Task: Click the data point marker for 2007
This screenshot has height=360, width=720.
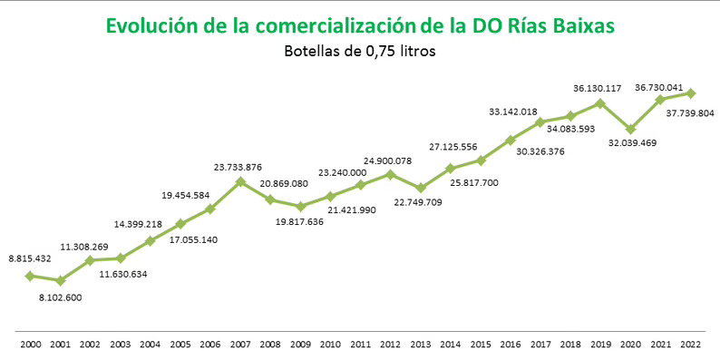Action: (x=240, y=181)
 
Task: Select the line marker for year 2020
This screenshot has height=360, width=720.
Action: (x=630, y=130)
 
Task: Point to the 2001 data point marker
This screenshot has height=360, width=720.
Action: (x=60, y=281)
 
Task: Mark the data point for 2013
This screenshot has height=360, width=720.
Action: (x=420, y=189)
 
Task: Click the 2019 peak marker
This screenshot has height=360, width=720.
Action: (x=600, y=103)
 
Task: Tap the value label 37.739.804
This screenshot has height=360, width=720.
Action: (x=690, y=113)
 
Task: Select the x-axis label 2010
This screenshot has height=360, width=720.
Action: (x=330, y=345)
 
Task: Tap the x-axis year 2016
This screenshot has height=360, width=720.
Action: (x=511, y=345)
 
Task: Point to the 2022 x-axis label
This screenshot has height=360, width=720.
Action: (x=691, y=345)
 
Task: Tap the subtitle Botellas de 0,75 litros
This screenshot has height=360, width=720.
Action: (x=361, y=52)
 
